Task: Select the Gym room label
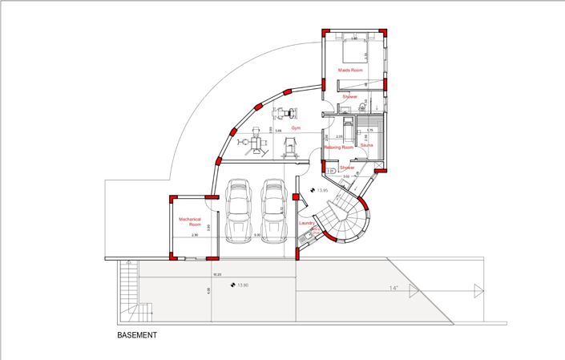pos(296,128)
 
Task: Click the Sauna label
pos(367,147)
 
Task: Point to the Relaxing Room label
pos(338,148)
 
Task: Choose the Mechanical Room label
pos(189,222)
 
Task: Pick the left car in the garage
pos(238,211)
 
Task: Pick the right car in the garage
pos(273,211)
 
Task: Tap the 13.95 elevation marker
pos(319,191)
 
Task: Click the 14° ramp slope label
pos(393,288)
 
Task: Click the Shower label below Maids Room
pos(349,97)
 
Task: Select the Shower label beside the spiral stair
pos(346,168)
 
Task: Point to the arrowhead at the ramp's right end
pos(479,291)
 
